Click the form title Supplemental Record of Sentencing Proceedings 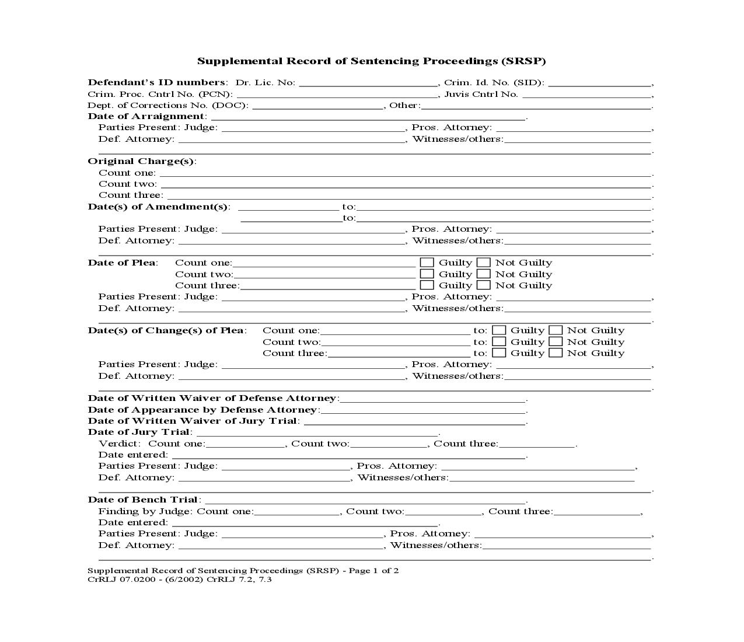[371, 61]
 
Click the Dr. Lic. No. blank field [368, 83]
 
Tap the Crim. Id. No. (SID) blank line [599, 83]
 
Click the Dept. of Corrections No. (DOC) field [317, 106]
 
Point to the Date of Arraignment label [146, 116]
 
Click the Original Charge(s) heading [141, 161]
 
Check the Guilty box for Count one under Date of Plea [427, 263]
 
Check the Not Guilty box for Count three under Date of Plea [483, 285]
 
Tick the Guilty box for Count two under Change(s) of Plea [499, 342]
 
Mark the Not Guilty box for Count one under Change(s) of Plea [556, 330]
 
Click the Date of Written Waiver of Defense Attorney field [432, 399]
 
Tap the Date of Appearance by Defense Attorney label [202, 410]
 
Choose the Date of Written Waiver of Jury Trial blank [414, 421]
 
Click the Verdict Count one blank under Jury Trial [245, 444]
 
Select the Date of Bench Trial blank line [365, 500]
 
